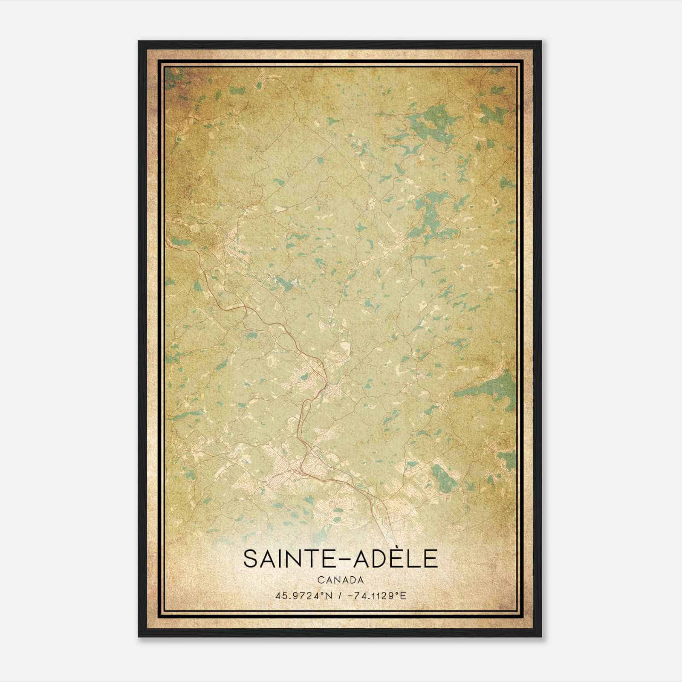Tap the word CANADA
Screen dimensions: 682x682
click(341, 580)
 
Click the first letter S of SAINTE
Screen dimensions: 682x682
click(250, 558)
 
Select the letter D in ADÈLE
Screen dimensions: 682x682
click(372, 558)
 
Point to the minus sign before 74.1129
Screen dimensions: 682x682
click(350, 595)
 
